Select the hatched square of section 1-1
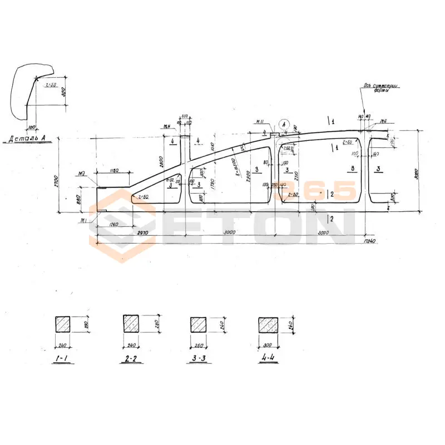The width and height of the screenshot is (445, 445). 62,324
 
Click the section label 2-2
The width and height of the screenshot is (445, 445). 131,359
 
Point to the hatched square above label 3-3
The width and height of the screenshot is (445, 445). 198,324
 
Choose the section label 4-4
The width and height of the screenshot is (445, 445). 268,359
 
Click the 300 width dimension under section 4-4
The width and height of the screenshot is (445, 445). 269,345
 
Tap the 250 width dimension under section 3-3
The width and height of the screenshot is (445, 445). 199,345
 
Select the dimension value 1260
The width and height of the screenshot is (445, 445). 115,225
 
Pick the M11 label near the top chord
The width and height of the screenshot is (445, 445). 259,121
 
